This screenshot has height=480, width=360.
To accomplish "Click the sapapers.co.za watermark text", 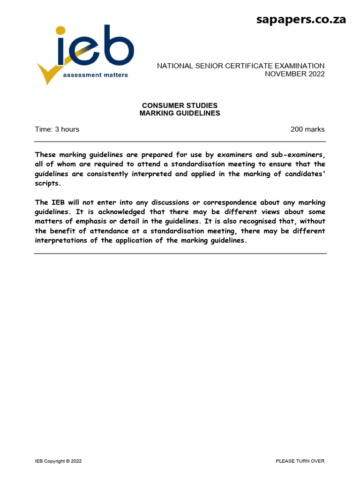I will point(301,19).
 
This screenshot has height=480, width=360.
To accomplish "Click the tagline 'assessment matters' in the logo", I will point(95,75).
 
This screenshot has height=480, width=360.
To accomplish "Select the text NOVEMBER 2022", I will point(294,74).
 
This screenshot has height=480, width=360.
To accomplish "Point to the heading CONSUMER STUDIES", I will point(180,105).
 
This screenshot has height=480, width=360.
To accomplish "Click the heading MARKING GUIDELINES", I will point(180,113).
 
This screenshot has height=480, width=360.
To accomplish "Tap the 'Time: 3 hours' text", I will point(57,129).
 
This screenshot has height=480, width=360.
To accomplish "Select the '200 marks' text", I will point(307,129).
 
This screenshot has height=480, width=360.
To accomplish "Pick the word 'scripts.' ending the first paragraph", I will point(48,183).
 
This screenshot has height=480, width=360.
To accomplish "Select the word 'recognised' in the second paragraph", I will point(256,221).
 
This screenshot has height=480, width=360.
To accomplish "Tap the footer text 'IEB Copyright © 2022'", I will point(59,461).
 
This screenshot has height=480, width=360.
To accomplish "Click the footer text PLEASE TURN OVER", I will point(300,461).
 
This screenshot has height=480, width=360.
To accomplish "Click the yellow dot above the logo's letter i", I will point(61,31).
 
